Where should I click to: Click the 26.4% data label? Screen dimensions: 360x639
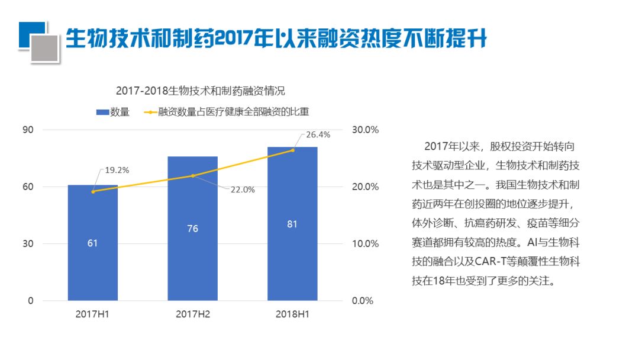coord(318,135)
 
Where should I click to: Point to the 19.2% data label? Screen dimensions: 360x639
coord(117,170)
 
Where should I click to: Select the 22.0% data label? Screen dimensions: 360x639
coord(243,189)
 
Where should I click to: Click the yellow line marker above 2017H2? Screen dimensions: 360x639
coord(193,176)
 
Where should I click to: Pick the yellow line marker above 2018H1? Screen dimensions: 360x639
coord(292,150)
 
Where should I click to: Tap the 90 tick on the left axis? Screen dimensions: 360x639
coord(28,130)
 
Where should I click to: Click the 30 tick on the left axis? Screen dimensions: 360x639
coord(28,244)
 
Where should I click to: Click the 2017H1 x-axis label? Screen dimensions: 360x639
coord(93,314)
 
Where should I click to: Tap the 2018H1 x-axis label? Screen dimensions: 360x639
coord(292,314)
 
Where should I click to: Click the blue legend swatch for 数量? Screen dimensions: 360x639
coord(102,111)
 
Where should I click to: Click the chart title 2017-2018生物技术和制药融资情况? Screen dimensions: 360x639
coord(200,91)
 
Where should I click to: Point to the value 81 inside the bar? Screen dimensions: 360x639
coord(292,224)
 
